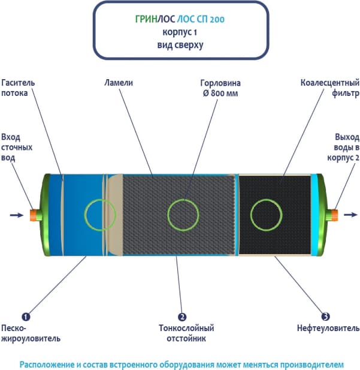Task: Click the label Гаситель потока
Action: (x=19, y=88)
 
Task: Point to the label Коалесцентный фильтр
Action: (x=329, y=88)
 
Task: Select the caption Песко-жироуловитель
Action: (x=31, y=333)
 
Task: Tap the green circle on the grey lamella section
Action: (x=182, y=213)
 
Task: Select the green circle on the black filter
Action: (x=264, y=213)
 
